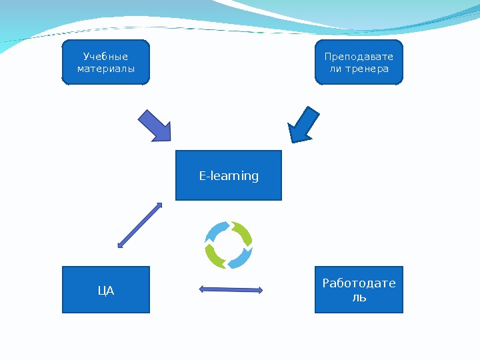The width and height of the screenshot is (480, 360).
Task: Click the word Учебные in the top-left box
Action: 105,57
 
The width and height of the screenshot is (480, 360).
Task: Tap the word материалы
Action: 105,69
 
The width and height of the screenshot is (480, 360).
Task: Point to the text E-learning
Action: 229,176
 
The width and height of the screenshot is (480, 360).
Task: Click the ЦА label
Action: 106,291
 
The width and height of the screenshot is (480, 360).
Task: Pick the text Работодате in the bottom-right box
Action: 359,283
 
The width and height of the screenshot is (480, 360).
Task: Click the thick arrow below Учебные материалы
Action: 155,125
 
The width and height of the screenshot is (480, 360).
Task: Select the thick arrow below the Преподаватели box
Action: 304,125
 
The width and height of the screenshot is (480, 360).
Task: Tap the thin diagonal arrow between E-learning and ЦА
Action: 140,225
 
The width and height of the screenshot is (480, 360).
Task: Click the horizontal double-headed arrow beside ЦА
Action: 231,289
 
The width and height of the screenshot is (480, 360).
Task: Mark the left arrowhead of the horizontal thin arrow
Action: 203,289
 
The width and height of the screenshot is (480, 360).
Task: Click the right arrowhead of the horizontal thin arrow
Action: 259,290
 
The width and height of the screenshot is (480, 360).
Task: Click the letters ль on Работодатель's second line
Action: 359,297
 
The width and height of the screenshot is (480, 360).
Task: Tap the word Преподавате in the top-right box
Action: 359,57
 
